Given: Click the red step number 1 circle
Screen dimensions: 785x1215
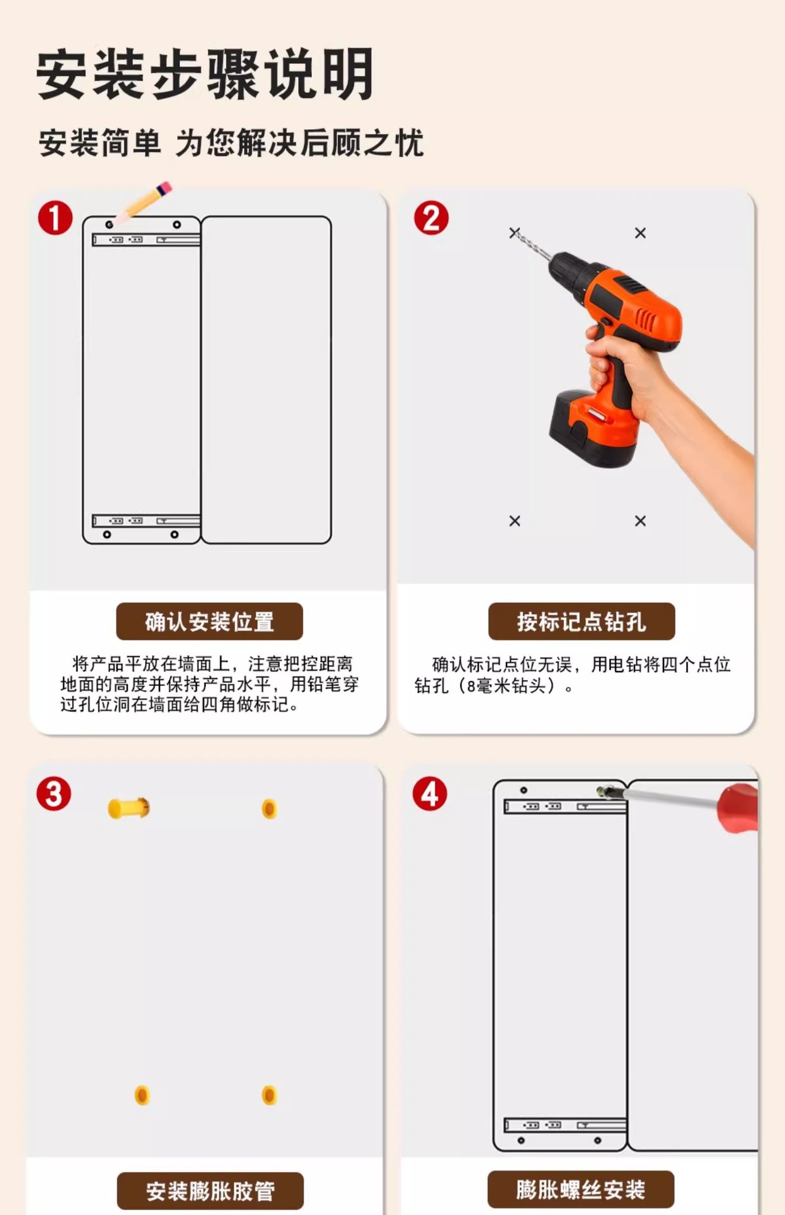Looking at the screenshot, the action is [55, 218].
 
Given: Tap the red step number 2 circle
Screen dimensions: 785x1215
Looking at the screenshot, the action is [431, 218].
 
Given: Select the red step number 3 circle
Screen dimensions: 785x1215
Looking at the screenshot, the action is [54, 794].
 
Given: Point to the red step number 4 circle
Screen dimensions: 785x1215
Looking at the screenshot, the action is [430, 794].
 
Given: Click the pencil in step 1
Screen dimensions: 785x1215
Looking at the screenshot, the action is [143, 202].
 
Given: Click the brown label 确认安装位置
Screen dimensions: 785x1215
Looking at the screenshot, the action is [210, 621].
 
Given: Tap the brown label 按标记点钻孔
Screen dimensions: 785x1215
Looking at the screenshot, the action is [581, 621].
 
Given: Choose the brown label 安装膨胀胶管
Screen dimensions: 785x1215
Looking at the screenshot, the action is [210, 1191].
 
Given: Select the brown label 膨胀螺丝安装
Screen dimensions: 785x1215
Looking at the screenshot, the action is [581, 1190].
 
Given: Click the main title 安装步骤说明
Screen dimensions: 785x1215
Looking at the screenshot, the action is [205, 75].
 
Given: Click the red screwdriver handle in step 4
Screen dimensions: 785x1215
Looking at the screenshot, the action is [738, 807].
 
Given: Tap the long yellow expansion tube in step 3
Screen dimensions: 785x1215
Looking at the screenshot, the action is [129, 808].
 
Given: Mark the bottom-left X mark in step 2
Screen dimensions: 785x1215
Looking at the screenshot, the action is [515, 521].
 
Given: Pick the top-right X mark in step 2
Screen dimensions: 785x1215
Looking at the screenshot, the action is [641, 234].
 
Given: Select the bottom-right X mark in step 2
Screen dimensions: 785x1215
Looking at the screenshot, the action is [641, 521].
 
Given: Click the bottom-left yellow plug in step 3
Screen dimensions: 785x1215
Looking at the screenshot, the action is [142, 1095].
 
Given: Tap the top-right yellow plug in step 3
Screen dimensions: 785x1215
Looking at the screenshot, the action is [269, 809].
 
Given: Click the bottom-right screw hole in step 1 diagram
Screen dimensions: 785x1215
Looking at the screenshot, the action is [175, 535].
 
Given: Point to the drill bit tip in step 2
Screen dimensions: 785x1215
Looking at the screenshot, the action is [512, 230].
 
